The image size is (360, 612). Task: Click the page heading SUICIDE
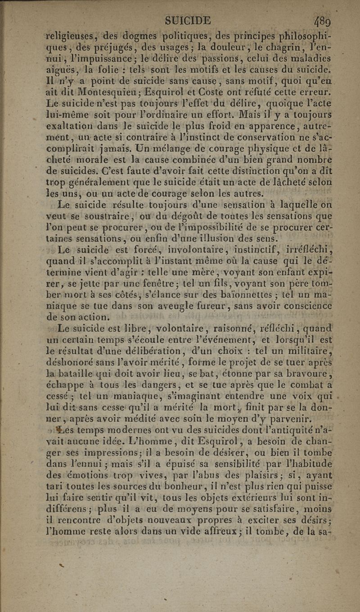coord(188,21)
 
